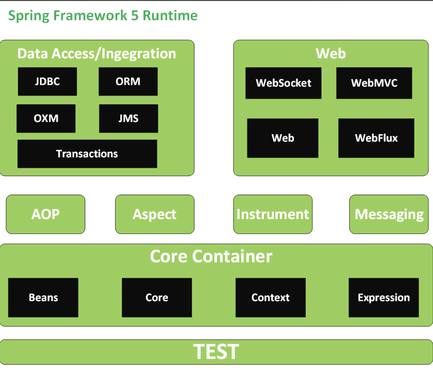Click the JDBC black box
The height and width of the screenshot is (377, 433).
click(x=47, y=82)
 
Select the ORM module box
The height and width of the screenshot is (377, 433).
click(x=128, y=82)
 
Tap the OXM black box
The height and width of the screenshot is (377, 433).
click(x=46, y=118)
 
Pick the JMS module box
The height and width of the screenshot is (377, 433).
click(x=128, y=118)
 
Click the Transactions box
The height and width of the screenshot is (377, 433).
click(x=87, y=154)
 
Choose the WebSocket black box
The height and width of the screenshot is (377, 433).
click(x=283, y=83)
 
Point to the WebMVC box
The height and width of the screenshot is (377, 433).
click(x=374, y=83)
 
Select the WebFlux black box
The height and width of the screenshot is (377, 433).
click(x=376, y=138)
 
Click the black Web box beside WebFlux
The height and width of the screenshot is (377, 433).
click(x=283, y=138)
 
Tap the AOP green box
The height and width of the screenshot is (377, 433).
click(x=45, y=214)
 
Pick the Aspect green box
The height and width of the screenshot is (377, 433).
click(x=155, y=214)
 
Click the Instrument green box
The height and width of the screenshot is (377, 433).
click(x=273, y=214)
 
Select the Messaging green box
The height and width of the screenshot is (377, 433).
click(x=389, y=214)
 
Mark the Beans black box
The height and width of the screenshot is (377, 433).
click(x=43, y=297)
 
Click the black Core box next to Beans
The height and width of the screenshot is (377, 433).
click(x=157, y=297)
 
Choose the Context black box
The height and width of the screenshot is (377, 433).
click(x=270, y=297)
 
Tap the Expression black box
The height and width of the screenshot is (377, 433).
click(x=384, y=297)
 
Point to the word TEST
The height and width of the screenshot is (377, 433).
click(x=216, y=352)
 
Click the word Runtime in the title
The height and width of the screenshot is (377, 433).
click(x=170, y=16)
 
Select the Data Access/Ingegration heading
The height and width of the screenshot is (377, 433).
click(x=97, y=54)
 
